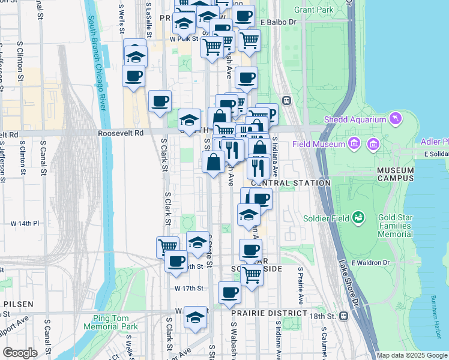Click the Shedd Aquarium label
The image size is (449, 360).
pyautogui.click(x=354, y=119)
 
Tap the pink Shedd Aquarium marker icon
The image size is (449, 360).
pyautogui.click(x=395, y=119)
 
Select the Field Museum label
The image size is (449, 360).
pyautogui.click(x=319, y=144)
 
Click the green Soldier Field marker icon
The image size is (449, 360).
pyautogui.click(x=358, y=217)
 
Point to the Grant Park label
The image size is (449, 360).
pyautogui.click(x=314, y=10)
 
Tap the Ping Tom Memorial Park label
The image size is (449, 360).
pyautogui.click(x=115, y=322)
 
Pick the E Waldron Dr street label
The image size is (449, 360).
pyautogui.click(x=370, y=263)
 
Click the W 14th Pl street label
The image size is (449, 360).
pyautogui.click(x=25, y=223)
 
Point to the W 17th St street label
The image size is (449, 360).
pyautogui.click(x=189, y=289)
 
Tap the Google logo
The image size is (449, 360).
pyautogui.click(x=20, y=353)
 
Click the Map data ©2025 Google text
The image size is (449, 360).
pyautogui.click(x=412, y=355)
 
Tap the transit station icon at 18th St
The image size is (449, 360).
pyautogui.click(x=344, y=316)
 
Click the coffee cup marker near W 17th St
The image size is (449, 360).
pyautogui.click(x=229, y=293)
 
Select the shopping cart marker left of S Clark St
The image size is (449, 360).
pyautogui.click(x=167, y=245)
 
